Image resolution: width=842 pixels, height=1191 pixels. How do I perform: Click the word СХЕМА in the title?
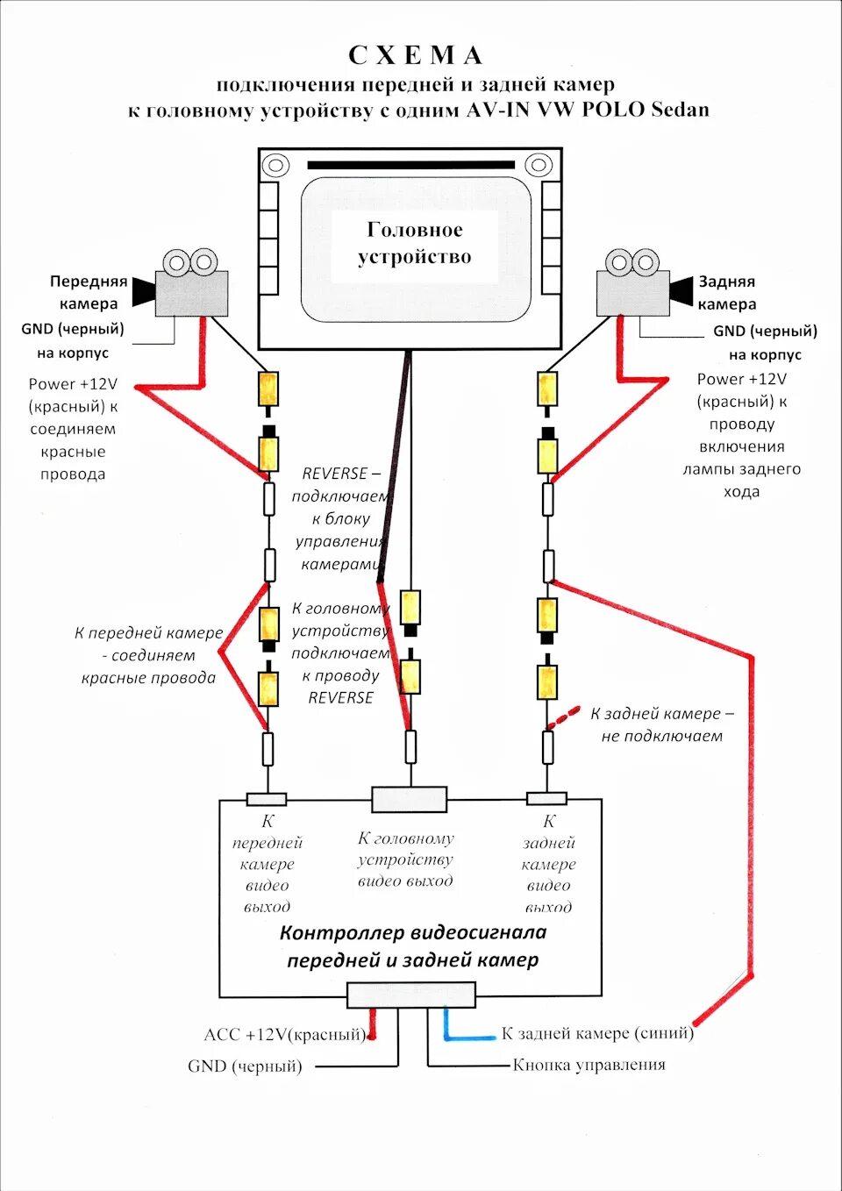click(x=416, y=55)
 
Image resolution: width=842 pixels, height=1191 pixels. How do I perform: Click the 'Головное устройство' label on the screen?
click(x=415, y=243)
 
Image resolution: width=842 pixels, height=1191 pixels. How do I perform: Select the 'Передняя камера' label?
click(x=88, y=292)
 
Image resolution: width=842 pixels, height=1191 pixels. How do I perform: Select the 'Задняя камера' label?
click(x=727, y=293)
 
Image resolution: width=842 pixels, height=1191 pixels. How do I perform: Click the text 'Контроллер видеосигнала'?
click(x=412, y=932)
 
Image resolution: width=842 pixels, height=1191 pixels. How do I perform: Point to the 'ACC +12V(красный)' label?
click(x=284, y=1035)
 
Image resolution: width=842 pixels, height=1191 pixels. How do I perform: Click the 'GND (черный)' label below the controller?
click(x=245, y=1066)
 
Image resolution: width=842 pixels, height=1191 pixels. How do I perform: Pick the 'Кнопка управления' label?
click(x=589, y=1065)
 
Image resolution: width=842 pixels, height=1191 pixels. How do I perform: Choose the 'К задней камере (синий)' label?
click(x=597, y=1033)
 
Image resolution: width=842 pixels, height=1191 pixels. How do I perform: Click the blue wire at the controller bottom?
click(x=465, y=1037)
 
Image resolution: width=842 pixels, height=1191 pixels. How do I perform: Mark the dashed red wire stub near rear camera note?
click(x=564, y=717)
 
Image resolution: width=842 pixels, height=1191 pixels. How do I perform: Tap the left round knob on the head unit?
click(x=275, y=165)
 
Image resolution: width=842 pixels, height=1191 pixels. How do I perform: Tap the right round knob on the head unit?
click(x=539, y=165)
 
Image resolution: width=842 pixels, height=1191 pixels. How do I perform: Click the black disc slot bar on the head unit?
click(x=410, y=165)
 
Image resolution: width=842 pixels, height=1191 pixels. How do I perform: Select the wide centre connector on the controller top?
click(x=409, y=799)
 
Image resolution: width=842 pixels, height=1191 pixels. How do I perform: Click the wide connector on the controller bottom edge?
click(x=410, y=995)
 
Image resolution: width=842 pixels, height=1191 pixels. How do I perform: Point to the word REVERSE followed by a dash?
click(x=340, y=474)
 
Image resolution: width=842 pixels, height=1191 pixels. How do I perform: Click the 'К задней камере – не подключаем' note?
click(x=662, y=725)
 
